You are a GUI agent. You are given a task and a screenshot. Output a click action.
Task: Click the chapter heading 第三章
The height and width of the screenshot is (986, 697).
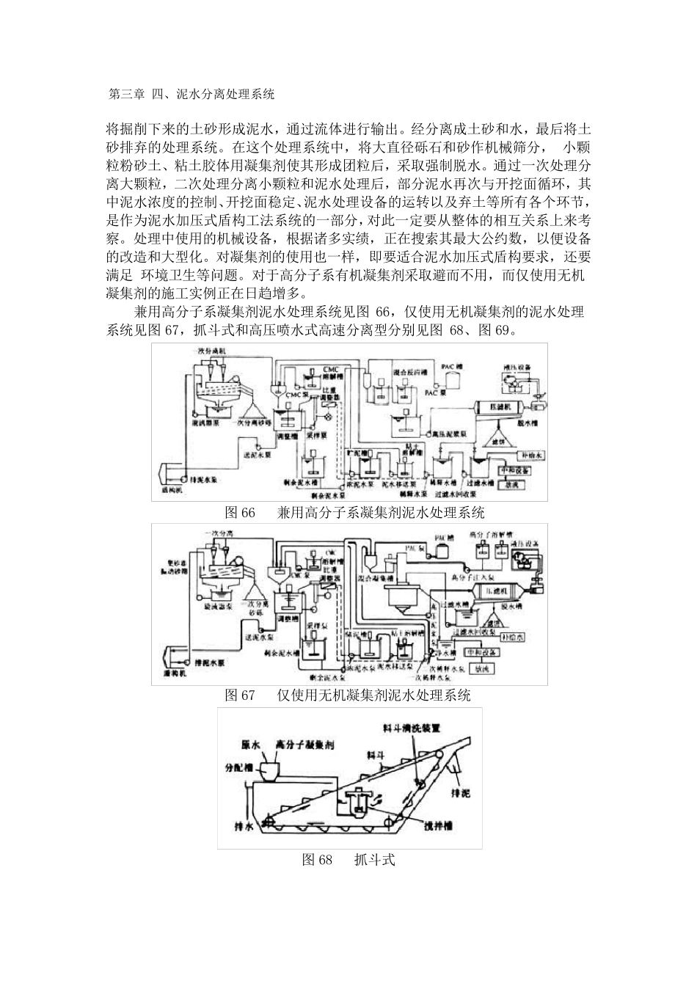pos(125,94)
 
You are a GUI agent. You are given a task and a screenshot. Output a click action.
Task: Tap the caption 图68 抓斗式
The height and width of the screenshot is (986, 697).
pos(348,860)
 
